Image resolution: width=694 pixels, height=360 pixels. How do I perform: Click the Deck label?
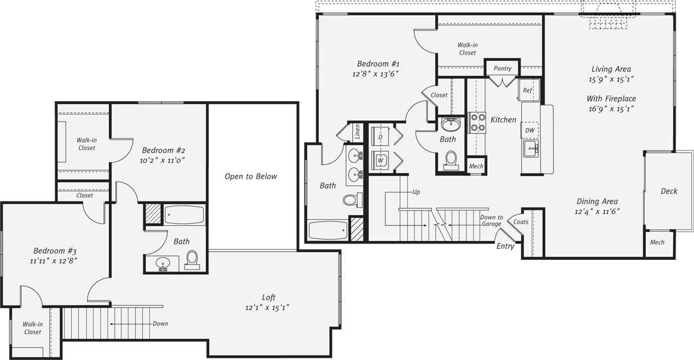tap(669, 191)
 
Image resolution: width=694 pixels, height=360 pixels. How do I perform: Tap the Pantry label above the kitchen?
tap(502, 69)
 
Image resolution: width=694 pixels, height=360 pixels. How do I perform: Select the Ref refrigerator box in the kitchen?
tap(528, 90)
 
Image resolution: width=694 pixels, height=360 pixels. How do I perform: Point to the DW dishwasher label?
tap(529, 130)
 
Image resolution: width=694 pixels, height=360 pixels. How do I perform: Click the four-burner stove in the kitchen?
tap(477, 123)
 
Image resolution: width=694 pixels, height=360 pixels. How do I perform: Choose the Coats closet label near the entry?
tap(521, 222)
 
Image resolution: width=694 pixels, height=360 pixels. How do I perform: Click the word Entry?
tap(505, 247)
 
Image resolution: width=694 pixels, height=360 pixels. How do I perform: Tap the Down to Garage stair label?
tap(491, 220)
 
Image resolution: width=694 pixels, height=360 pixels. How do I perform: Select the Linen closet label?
tap(357, 131)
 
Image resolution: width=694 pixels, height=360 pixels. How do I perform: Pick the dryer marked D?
tap(380, 136)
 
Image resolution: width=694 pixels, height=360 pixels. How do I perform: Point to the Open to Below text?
tap(251, 176)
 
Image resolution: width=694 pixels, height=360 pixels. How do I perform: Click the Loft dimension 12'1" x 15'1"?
tap(267, 307)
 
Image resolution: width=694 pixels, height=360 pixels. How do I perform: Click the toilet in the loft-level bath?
tap(192, 260)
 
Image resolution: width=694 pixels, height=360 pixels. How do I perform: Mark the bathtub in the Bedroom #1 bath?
tap(327, 230)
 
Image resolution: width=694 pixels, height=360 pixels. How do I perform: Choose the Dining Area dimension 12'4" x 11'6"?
tap(597, 211)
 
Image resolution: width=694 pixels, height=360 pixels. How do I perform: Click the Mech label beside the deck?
tap(657, 242)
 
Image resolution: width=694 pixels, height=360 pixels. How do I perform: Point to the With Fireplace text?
tap(611, 98)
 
